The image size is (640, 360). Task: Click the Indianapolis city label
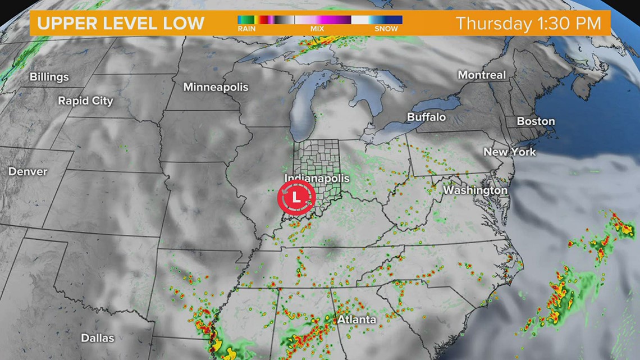(x=317, y=179)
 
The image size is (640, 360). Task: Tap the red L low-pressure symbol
(x=296, y=197)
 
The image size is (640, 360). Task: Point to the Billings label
(x=49, y=77)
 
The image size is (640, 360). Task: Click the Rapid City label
(x=85, y=101)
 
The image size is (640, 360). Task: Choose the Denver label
(x=28, y=171)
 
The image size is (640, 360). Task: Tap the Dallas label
(x=97, y=338)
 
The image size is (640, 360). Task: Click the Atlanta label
(x=356, y=320)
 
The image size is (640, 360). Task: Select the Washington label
(x=475, y=190)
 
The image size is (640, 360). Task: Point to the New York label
(x=509, y=152)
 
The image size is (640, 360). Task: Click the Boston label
(x=536, y=121)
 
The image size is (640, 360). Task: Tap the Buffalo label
(x=426, y=117)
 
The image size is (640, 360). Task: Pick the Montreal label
(x=482, y=75)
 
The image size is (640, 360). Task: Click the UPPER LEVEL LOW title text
(x=121, y=23)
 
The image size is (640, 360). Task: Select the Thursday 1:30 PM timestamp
(x=528, y=24)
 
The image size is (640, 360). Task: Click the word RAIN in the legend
(x=246, y=29)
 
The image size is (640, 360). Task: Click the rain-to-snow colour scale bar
(x=320, y=20)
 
